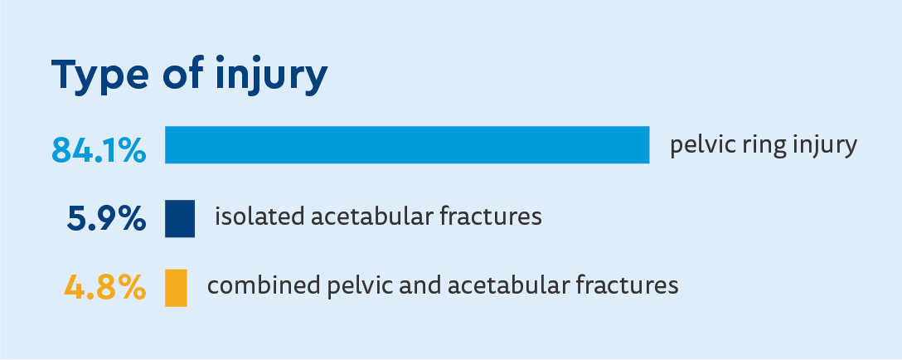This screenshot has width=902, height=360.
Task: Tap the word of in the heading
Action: (x=183, y=74)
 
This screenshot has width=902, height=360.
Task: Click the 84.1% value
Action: (x=99, y=150)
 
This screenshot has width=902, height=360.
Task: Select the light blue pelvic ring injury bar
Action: (x=407, y=144)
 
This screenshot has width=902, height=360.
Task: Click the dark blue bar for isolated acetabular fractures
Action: (x=180, y=218)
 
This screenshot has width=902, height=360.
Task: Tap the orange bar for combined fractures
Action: (x=176, y=288)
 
